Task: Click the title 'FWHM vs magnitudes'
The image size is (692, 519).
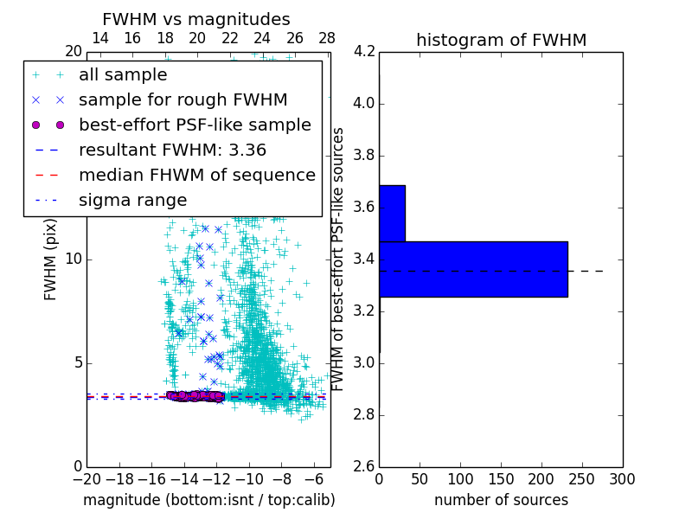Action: click(196, 20)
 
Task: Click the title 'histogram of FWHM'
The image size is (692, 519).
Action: click(501, 41)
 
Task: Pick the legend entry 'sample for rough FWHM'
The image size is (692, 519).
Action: click(183, 100)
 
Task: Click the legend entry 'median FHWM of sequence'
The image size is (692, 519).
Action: click(196, 175)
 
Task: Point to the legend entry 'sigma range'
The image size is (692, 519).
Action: click(132, 201)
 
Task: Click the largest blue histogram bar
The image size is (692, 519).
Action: click(473, 269)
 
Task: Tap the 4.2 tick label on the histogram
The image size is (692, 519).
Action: click(365, 52)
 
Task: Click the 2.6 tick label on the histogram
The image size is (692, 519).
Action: click(365, 466)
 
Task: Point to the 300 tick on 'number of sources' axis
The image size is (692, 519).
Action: click(623, 479)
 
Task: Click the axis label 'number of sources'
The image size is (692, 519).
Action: click(501, 500)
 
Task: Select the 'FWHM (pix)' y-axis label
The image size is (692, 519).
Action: click(51, 259)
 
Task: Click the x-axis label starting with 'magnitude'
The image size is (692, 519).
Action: click(208, 500)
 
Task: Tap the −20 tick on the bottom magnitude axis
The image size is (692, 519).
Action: click(86, 479)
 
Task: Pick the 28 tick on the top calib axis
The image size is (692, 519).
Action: click(327, 38)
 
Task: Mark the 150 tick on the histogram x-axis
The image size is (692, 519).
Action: click(501, 479)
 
